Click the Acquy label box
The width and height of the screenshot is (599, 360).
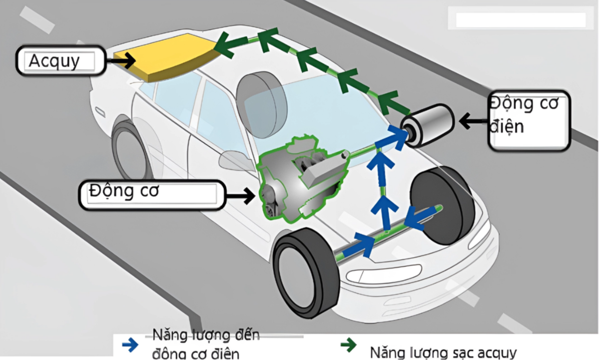[x=60, y=61]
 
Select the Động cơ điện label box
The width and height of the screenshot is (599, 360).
[x=529, y=120]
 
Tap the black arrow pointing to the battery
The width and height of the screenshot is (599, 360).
[x=121, y=61]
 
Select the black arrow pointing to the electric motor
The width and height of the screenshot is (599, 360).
[x=472, y=120]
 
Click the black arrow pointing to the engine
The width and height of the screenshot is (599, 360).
[x=240, y=196]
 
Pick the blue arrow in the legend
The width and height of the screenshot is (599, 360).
[x=130, y=345]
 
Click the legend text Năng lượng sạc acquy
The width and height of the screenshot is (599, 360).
[x=443, y=352]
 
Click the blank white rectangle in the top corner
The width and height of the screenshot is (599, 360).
[x=520, y=20]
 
